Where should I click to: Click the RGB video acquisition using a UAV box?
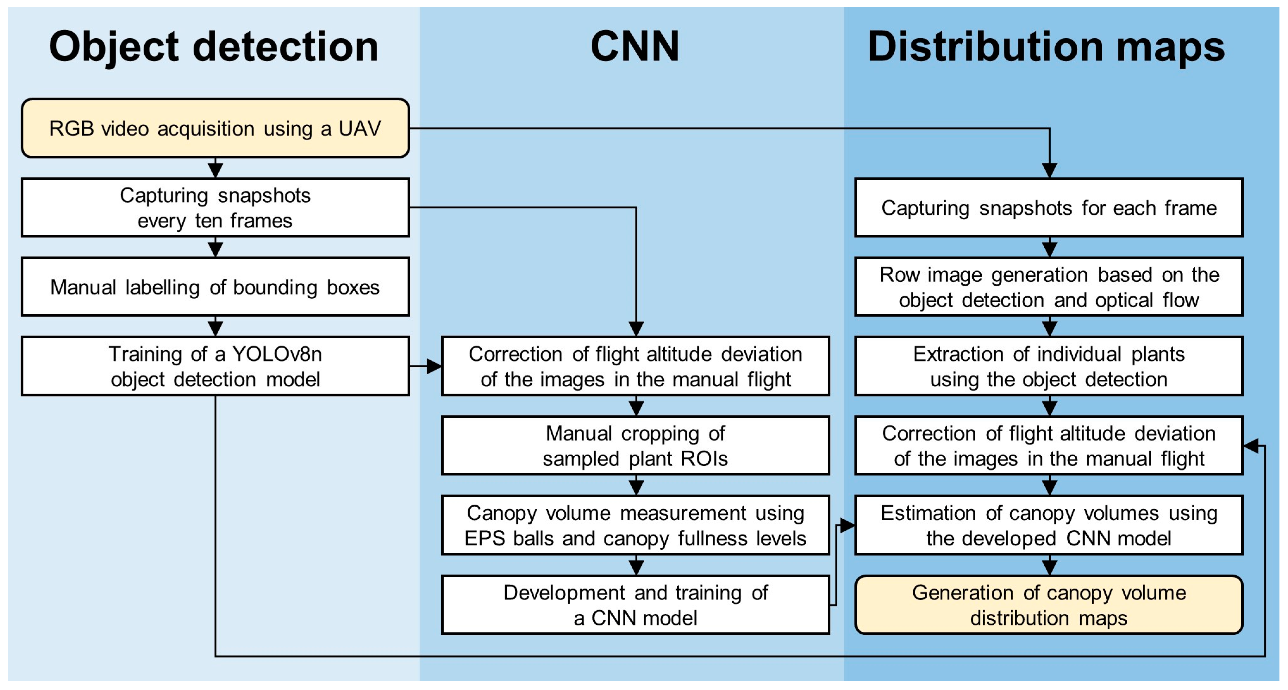(215, 129)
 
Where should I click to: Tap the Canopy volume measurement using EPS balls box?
(635, 525)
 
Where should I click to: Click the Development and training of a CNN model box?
(635, 605)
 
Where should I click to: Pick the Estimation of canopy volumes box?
(1048, 525)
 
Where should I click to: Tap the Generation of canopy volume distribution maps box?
(1048, 605)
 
